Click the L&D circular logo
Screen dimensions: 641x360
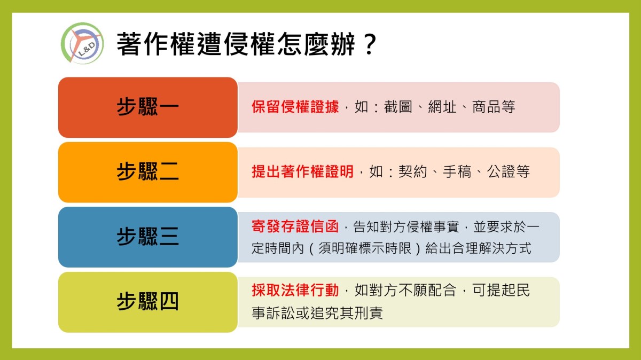tap(82, 43)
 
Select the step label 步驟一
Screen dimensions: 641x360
tap(147, 107)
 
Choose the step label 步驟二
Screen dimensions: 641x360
tap(147, 171)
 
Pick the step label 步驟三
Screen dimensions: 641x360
tap(147, 237)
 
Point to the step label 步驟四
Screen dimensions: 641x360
tap(147, 301)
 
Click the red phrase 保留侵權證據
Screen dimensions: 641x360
tap(295, 107)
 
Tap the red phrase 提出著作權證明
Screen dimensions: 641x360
tap(302, 171)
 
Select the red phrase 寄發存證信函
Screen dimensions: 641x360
tap(295, 226)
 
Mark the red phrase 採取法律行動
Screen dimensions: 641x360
tap(295, 290)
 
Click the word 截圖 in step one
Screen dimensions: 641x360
tap(398, 107)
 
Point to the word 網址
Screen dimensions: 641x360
tap(442, 107)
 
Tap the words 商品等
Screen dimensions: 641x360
tap(494, 107)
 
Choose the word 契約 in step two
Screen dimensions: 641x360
tap(412, 171)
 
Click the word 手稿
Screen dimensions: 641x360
tap(457, 171)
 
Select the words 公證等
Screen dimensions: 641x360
tap(509, 171)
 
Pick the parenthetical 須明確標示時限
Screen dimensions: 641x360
tap(365, 248)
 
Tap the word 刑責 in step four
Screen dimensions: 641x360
tap(369, 312)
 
